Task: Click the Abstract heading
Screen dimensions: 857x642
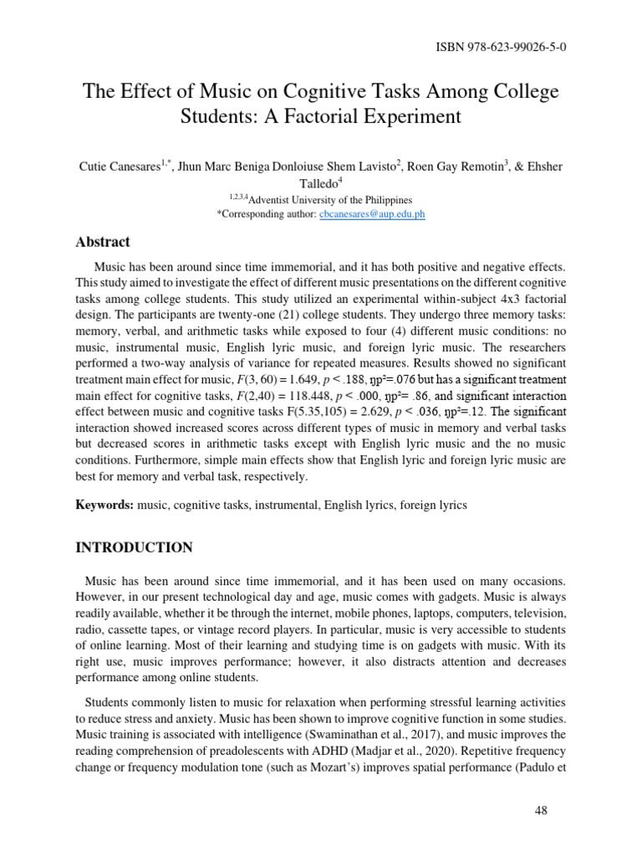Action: click(x=103, y=242)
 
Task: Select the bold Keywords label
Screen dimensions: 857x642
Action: click(x=105, y=505)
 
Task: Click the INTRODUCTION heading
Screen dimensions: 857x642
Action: click(x=134, y=548)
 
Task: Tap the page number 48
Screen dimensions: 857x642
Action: click(x=540, y=811)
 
